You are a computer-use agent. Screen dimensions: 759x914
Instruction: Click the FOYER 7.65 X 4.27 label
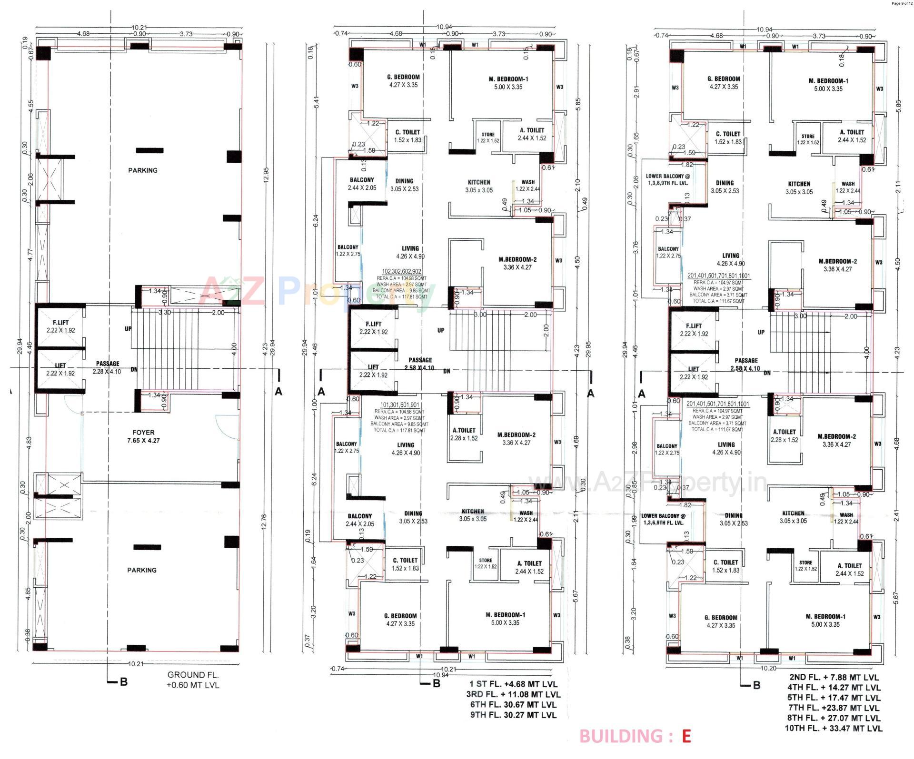(143, 436)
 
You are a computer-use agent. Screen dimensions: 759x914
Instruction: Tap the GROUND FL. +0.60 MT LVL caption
(193, 680)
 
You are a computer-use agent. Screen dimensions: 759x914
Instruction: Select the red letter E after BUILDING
(685, 736)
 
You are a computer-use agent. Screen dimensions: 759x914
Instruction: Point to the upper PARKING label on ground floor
(142, 170)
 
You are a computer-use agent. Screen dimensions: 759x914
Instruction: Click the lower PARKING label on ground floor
(141, 570)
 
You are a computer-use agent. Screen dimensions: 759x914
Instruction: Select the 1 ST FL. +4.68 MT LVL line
(513, 684)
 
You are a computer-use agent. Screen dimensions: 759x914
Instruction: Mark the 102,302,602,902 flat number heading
(401, 272)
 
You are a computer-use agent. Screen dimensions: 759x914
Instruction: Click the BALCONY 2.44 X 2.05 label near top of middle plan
(361, 184)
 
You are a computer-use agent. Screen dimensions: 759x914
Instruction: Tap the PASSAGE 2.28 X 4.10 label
(108, 367)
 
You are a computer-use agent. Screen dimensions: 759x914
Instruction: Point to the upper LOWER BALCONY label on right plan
(667, 179)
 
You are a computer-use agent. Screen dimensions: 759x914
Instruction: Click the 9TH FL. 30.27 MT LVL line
(512, 715)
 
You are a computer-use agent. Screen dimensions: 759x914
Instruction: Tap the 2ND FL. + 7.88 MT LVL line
(833, 677)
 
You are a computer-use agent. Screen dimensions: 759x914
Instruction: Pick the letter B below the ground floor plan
(123, 682)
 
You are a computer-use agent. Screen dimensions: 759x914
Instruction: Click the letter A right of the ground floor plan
(278, 392)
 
